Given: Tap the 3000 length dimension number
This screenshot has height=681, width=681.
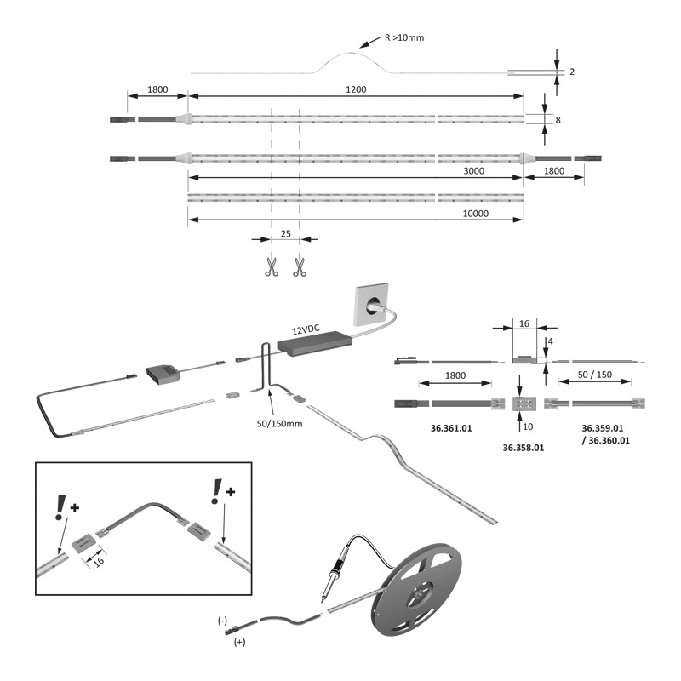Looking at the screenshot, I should click(x=474, y=170).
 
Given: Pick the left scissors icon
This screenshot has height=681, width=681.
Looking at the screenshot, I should click(x=272, y=266).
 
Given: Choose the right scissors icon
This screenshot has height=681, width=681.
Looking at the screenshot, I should click(x=300, y=266).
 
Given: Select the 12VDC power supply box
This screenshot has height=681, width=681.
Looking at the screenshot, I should click(x=314, y=345).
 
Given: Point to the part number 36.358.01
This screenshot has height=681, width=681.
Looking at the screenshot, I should click(x=523, y=447).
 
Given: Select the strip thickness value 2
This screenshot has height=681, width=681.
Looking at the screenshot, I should click(x=572, y=72).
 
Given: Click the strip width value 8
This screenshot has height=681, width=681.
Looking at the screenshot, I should click(x=558, y=120).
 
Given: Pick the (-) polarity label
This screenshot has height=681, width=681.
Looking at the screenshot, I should click(x=222, y=621).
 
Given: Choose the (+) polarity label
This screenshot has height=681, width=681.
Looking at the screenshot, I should click(x=239, y=644).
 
